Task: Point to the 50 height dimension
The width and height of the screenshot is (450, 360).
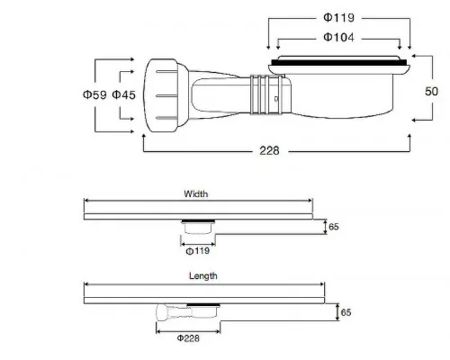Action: pos(432,91)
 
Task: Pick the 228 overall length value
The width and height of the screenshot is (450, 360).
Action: pos(269,150)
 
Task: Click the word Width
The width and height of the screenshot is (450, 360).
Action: pos(195,193)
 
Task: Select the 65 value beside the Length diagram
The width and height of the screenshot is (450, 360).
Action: pos(346,312)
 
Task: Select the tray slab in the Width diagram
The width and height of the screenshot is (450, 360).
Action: pos(198,216)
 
